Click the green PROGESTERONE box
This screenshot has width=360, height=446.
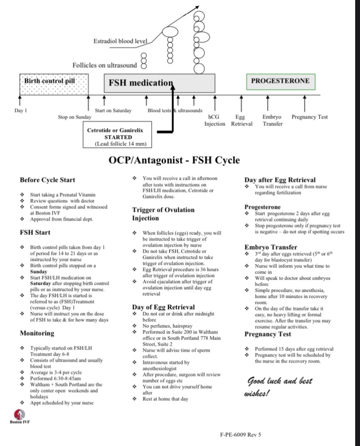pyautogui.click(x=280, y=81)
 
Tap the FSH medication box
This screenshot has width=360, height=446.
pyautogui.click(x=159, y=83)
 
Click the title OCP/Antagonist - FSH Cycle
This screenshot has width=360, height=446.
pyautogui.click(x=174, y=160)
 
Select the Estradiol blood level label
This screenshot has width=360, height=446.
pyautogui.click(x=121, y=41)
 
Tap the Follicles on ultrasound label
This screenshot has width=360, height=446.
pyautogui.click(x=105, y=65)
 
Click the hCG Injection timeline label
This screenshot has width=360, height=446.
pyautogui.click(x=215, y=120)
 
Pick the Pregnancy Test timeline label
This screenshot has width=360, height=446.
pyautogui.click(x=309, y=117)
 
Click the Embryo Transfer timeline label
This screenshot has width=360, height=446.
pyautogui.click(x=272, y=120)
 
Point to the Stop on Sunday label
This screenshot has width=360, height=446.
pyautogui.click(x=75, y=117)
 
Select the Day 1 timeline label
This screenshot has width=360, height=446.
pyautogui.click(x=20, y=111)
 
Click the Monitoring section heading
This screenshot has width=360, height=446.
pyautogui.click(x=37, y=333)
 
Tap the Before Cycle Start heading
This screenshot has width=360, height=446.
pyautogui.click(x=47, y=180)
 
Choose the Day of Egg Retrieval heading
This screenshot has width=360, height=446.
pyautogui.click(x=163, y=307)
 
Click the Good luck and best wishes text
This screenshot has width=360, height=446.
pyautogui.click(x=280, y=387)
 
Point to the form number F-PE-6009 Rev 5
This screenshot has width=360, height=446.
pyautogui.click(x=241, y=434)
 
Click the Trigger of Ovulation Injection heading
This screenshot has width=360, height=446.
pyautogui.click(x=163, y=214)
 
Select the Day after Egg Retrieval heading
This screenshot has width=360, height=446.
pyautogui.click(x=280, y=180)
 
